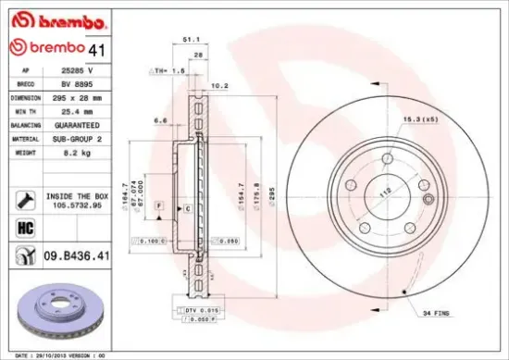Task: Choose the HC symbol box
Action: click(x=25, y=228)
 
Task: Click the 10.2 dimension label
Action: click(x=219, y=86)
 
